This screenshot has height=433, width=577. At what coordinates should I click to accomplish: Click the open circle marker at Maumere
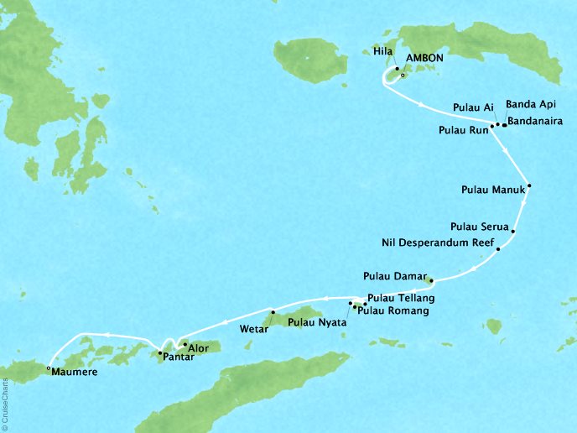pyautogui.click(x=49, y=368)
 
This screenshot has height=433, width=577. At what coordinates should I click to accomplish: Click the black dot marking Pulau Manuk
pyautogui.click(x=529, y=186)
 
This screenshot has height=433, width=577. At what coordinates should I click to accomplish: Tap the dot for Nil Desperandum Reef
pyautogui.click(x=498, y=249)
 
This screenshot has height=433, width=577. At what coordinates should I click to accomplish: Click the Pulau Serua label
pyautogui.click(x=477, y=226)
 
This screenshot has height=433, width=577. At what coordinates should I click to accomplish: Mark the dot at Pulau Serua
pyautogui.click(x=512, y=232)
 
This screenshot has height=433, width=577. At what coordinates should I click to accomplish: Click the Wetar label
pyautogui.click(x=254, y=329)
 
